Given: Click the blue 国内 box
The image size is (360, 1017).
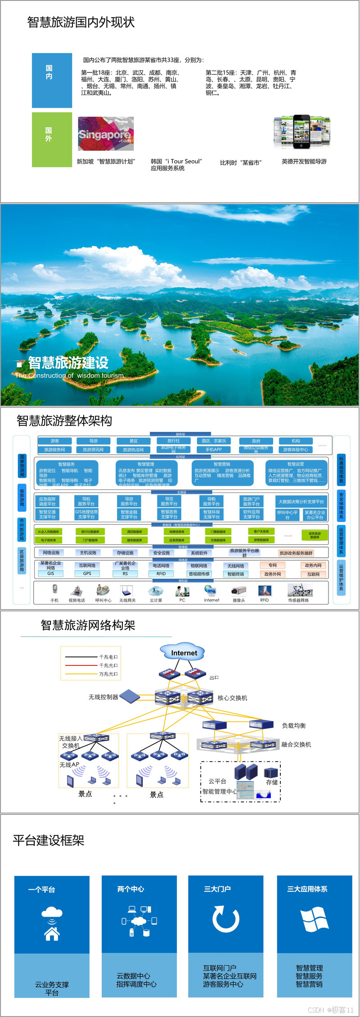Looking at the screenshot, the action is (52, 80).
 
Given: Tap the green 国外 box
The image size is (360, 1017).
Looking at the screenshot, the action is (52, 140).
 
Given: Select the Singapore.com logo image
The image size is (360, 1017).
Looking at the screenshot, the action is (106, 134).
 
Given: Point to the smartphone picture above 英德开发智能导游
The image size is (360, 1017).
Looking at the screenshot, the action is (302, 132).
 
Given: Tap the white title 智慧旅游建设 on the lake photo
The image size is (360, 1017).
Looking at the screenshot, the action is (68, 362).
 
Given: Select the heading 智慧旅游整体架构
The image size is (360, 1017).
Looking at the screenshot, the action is (64, 420).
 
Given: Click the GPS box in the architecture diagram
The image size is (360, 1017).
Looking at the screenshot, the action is (87, 574).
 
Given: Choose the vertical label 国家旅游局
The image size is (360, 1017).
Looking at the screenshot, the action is (22, 466).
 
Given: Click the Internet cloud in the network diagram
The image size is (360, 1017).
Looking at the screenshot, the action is (184, 653).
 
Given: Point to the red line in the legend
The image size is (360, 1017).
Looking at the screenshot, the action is (81, 665).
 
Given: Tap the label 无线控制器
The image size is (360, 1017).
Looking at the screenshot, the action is (103, 697).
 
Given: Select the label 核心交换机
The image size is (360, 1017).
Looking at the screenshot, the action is (232, 698).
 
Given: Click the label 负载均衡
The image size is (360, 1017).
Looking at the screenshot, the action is (294, 725).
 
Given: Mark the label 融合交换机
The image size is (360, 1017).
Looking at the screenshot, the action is (296, 744).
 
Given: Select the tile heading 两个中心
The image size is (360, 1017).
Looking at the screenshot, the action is (130, 889).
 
